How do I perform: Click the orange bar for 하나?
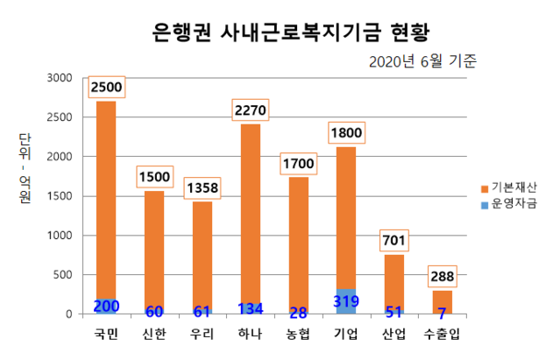[250, 210]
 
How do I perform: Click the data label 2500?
[106, 88]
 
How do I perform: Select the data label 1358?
[202, 187]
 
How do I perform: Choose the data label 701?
[394, 241]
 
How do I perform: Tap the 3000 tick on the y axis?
[60, 78]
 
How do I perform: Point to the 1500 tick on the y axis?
[60, 196]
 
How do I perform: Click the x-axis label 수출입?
[442, 334]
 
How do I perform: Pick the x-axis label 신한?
[154, 334]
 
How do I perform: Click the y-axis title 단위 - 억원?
[24, 171]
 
